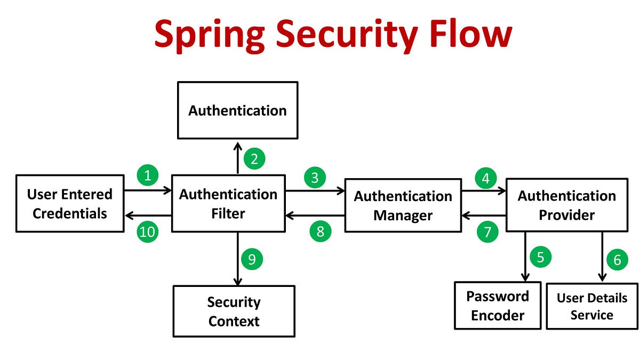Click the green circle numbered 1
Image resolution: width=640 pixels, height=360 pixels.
148,175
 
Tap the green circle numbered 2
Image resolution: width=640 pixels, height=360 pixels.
254,158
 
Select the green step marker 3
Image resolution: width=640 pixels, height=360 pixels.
315,178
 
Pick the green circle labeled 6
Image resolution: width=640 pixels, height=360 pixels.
617,260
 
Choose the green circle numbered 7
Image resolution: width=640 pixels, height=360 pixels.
487,231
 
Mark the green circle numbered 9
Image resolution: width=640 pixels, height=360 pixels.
252,259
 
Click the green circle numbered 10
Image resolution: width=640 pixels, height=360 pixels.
148,231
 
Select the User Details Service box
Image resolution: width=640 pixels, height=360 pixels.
592,306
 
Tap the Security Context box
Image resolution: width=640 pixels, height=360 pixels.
234,311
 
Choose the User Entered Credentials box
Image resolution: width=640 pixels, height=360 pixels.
70,203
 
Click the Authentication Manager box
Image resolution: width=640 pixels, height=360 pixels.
403,205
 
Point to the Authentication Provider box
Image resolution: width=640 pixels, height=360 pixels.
567,205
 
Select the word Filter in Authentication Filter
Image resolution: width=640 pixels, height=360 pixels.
228,214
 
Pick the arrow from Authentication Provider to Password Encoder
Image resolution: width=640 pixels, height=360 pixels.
525,256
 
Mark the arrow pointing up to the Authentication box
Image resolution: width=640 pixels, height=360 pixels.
237,157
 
